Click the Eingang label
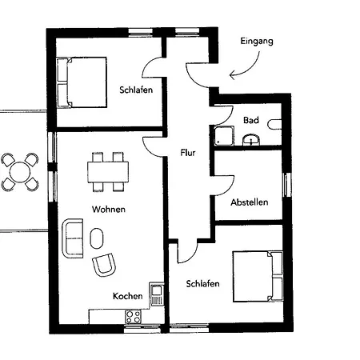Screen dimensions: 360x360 tap(257, 42)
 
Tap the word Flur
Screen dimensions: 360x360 tap(188, 153)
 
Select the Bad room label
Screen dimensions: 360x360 tap(251, 120)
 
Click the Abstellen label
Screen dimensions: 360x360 tap(250, 202)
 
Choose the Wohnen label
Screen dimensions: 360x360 tap(109, 210)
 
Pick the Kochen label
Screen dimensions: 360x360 tap(127, 296)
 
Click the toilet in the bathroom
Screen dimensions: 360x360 tap(275, 125)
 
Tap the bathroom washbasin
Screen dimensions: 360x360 tap(251, 140)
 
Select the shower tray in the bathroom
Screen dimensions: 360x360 tap(224, 136)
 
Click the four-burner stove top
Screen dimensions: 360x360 tap(133, 317)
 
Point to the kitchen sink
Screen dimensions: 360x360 tap(157, 294)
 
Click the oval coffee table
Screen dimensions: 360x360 tap(97, 238)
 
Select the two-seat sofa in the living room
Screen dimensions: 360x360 tap(73, 238)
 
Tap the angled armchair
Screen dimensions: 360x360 tap(104, 265)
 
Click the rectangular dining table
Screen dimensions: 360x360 tap(108, 172)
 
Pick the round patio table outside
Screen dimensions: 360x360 tap(20, 172)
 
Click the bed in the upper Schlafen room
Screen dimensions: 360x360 tap(82, 82)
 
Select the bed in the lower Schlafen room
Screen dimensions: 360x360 tap(258, 277)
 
